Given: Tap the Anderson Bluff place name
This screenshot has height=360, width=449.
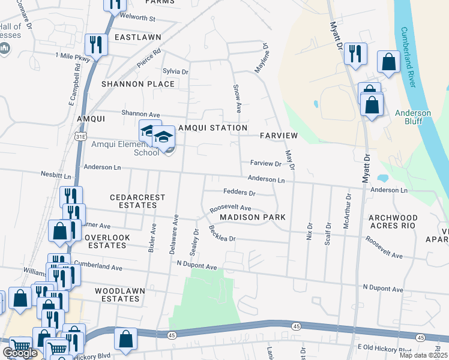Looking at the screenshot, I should pos(413,117).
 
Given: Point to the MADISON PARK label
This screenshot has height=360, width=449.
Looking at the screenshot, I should pos(252,217).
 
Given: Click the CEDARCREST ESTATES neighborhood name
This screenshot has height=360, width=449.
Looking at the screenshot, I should pos(133,201).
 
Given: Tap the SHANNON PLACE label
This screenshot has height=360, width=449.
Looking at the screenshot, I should pos(138,84).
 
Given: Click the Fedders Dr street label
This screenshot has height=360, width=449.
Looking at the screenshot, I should pos(240,193).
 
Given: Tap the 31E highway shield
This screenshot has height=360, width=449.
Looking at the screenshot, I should pos(79,137).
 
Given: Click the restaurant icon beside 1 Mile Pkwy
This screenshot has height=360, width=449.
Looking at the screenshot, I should pos(96,44).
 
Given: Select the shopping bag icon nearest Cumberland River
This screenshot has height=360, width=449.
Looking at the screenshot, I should pos(388,62).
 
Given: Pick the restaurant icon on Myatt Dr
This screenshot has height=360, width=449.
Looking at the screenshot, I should pos(355,53).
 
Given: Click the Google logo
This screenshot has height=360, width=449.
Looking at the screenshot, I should pos(19,353).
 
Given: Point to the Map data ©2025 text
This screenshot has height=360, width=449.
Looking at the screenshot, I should pos(423,355).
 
